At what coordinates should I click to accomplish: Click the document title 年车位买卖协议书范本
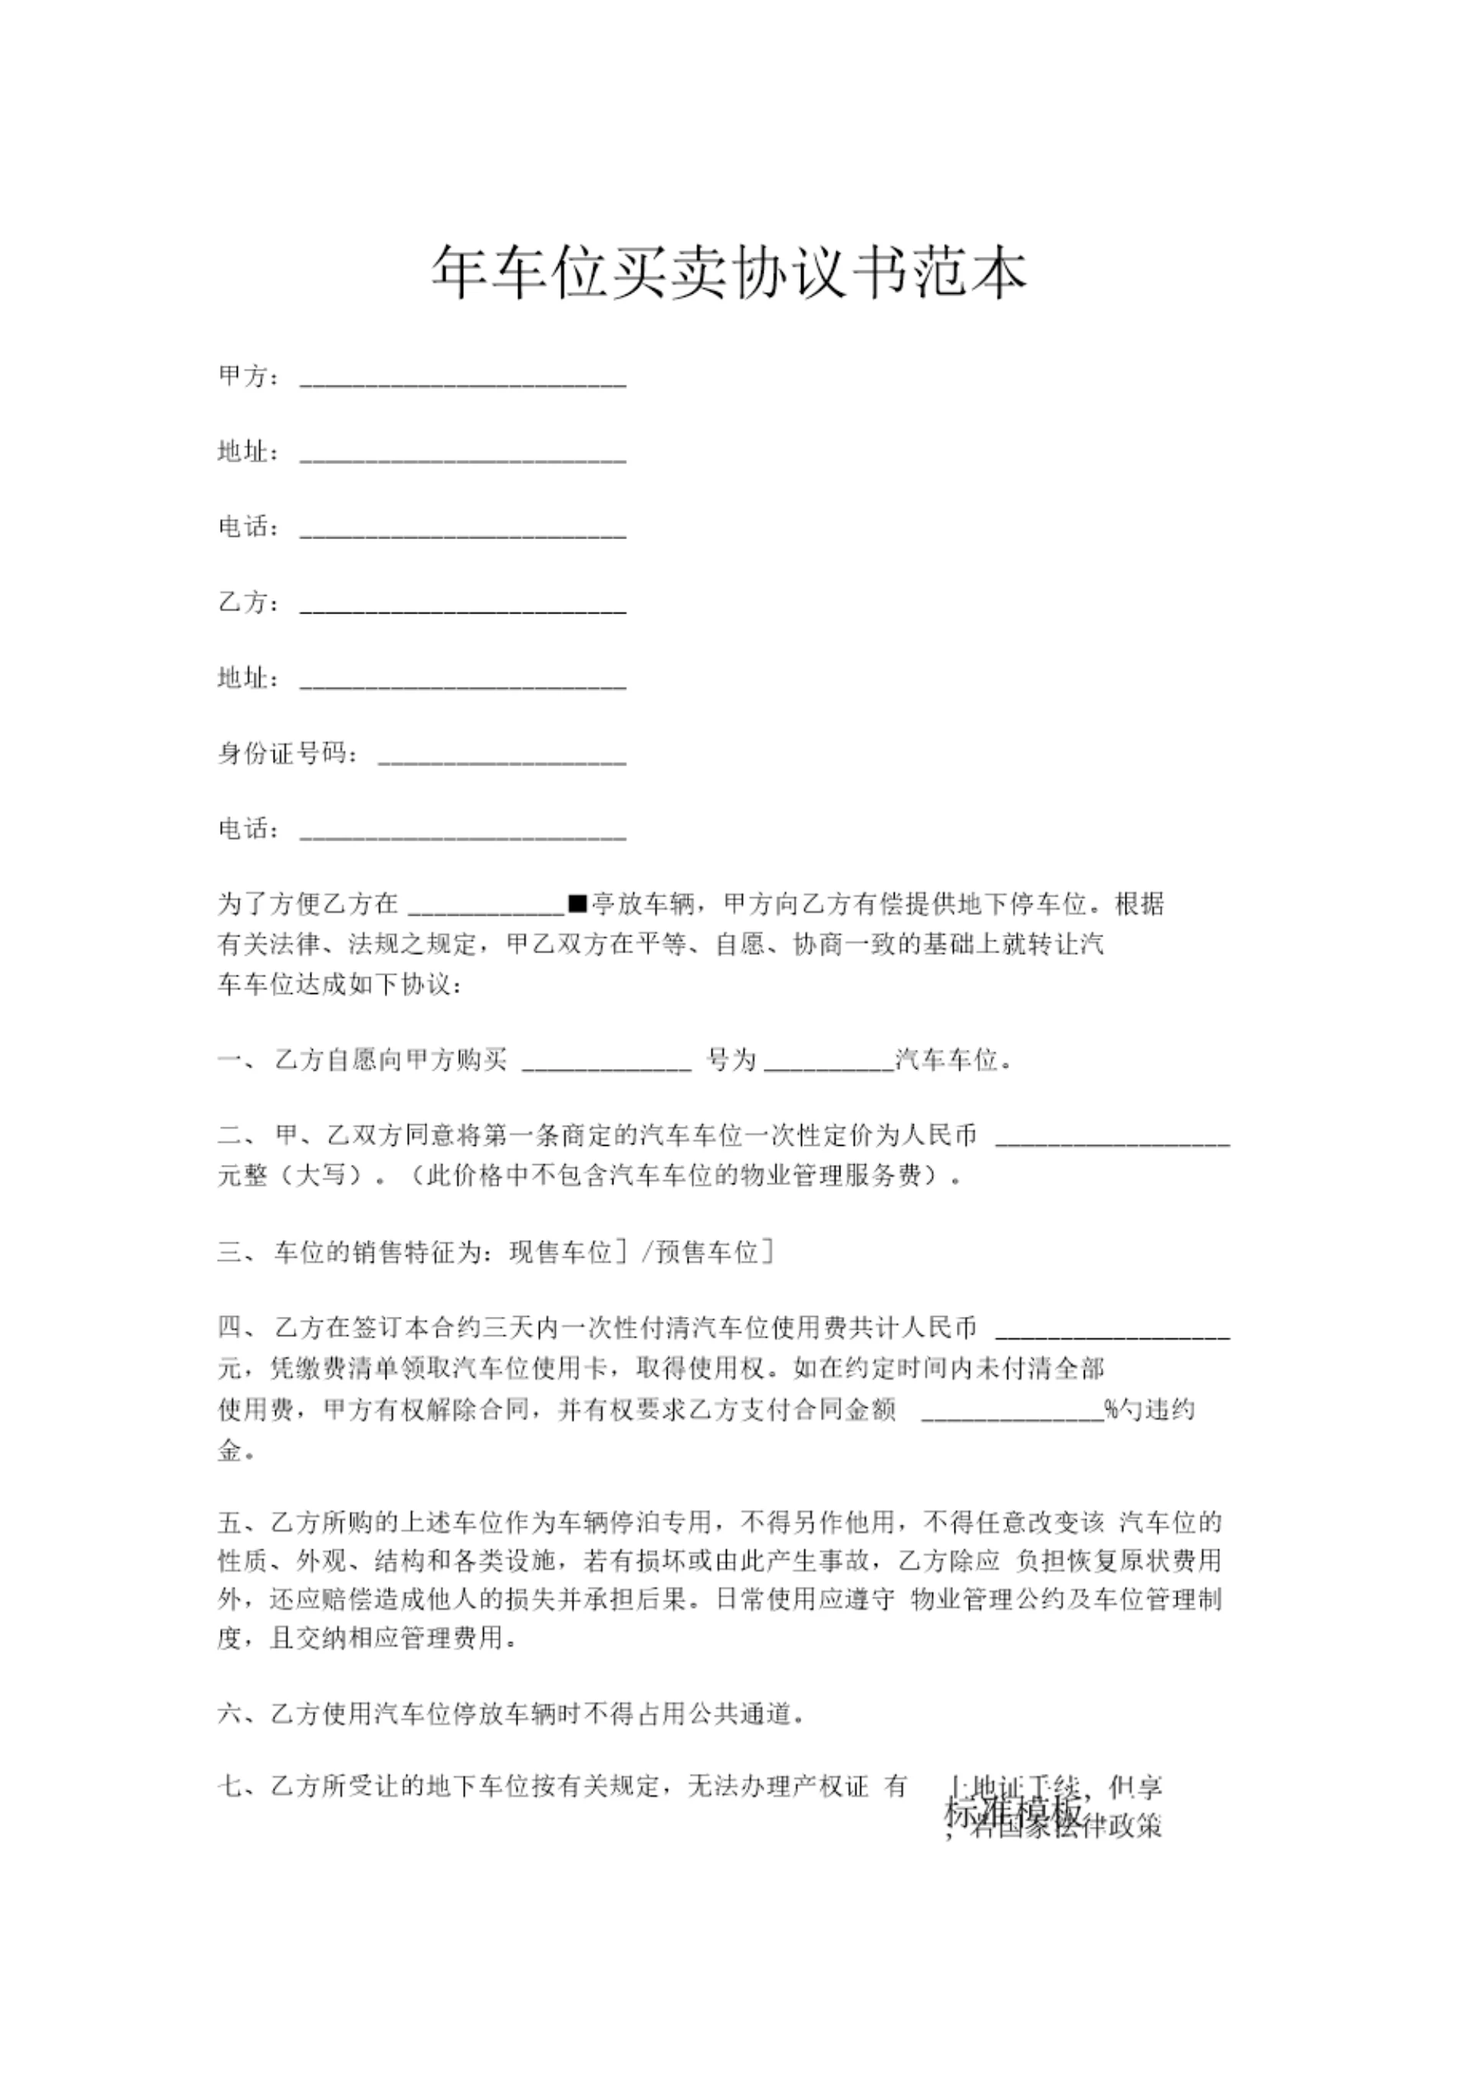point(728,272)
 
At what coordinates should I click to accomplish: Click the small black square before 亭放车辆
point(578,903)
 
